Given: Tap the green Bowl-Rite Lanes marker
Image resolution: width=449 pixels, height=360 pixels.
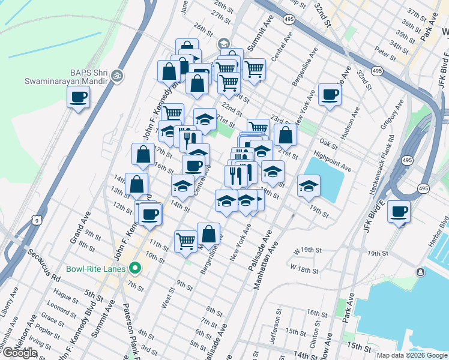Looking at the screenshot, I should click(x=136, y=268).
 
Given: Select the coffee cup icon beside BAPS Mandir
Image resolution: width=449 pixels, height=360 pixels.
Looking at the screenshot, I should click(x=78, y=97).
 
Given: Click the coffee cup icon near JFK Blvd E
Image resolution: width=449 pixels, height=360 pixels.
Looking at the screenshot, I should click(x=399, y=212).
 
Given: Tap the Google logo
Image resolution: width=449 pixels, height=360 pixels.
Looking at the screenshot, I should click(x=20, y=353).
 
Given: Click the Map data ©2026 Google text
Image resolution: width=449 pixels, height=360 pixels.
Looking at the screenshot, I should click(x=411, y=355).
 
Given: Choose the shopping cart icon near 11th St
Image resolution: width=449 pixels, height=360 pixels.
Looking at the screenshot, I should click(x=186, y=241).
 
